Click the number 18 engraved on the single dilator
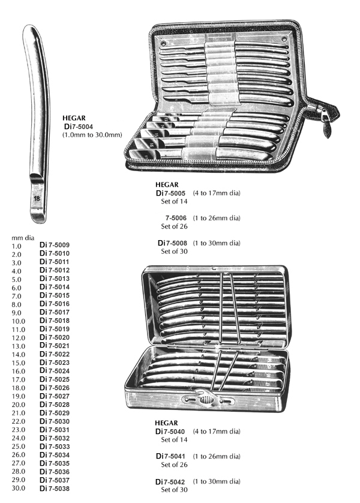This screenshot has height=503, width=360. pos(37,198)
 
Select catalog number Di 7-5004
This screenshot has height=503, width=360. pos(79,127)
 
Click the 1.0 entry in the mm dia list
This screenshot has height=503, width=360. pos(16,246)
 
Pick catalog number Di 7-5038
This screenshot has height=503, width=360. pos(55,489)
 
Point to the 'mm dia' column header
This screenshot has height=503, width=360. pos(23,238)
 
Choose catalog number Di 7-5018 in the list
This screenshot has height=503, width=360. pos(55,321)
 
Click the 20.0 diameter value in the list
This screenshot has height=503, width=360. pos(18,405)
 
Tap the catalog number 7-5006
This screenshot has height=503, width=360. pos(176,218)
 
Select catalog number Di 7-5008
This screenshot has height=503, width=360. pos(172,243)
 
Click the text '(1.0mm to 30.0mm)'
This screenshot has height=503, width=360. pos(92,134)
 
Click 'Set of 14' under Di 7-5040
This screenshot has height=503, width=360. pos(174,440)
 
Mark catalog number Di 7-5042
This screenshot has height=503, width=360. pos(170,482)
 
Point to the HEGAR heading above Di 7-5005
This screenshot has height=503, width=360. pos(167,184)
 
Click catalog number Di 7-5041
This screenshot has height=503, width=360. pos(170,456)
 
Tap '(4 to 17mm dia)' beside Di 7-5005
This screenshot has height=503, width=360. pos(217,193)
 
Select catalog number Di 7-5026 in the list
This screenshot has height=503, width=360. pos(55,388)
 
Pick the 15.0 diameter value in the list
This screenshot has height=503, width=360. pos(18,363)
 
